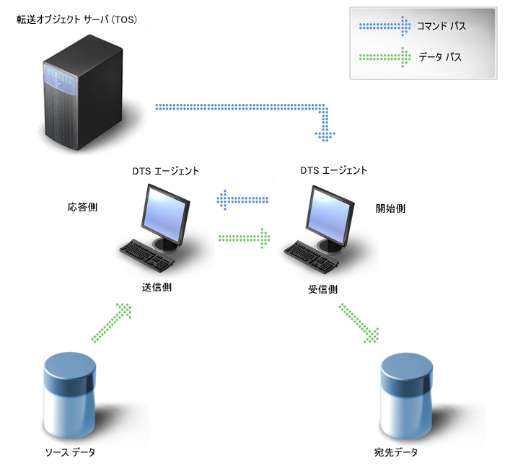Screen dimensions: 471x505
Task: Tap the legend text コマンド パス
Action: point(441,27)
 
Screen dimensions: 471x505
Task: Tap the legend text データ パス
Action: point(440,56)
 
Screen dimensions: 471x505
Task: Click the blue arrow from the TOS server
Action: point(245,108)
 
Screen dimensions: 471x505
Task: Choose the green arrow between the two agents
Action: point(244,236)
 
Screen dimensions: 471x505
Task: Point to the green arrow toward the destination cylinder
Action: point(359,322)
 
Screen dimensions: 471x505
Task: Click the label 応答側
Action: point(82,207)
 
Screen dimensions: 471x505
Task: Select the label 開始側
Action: point(390,208)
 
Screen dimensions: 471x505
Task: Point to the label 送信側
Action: point(157,286)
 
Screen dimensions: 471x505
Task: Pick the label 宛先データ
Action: point(395,453)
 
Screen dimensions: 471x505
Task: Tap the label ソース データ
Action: point(70,452)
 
